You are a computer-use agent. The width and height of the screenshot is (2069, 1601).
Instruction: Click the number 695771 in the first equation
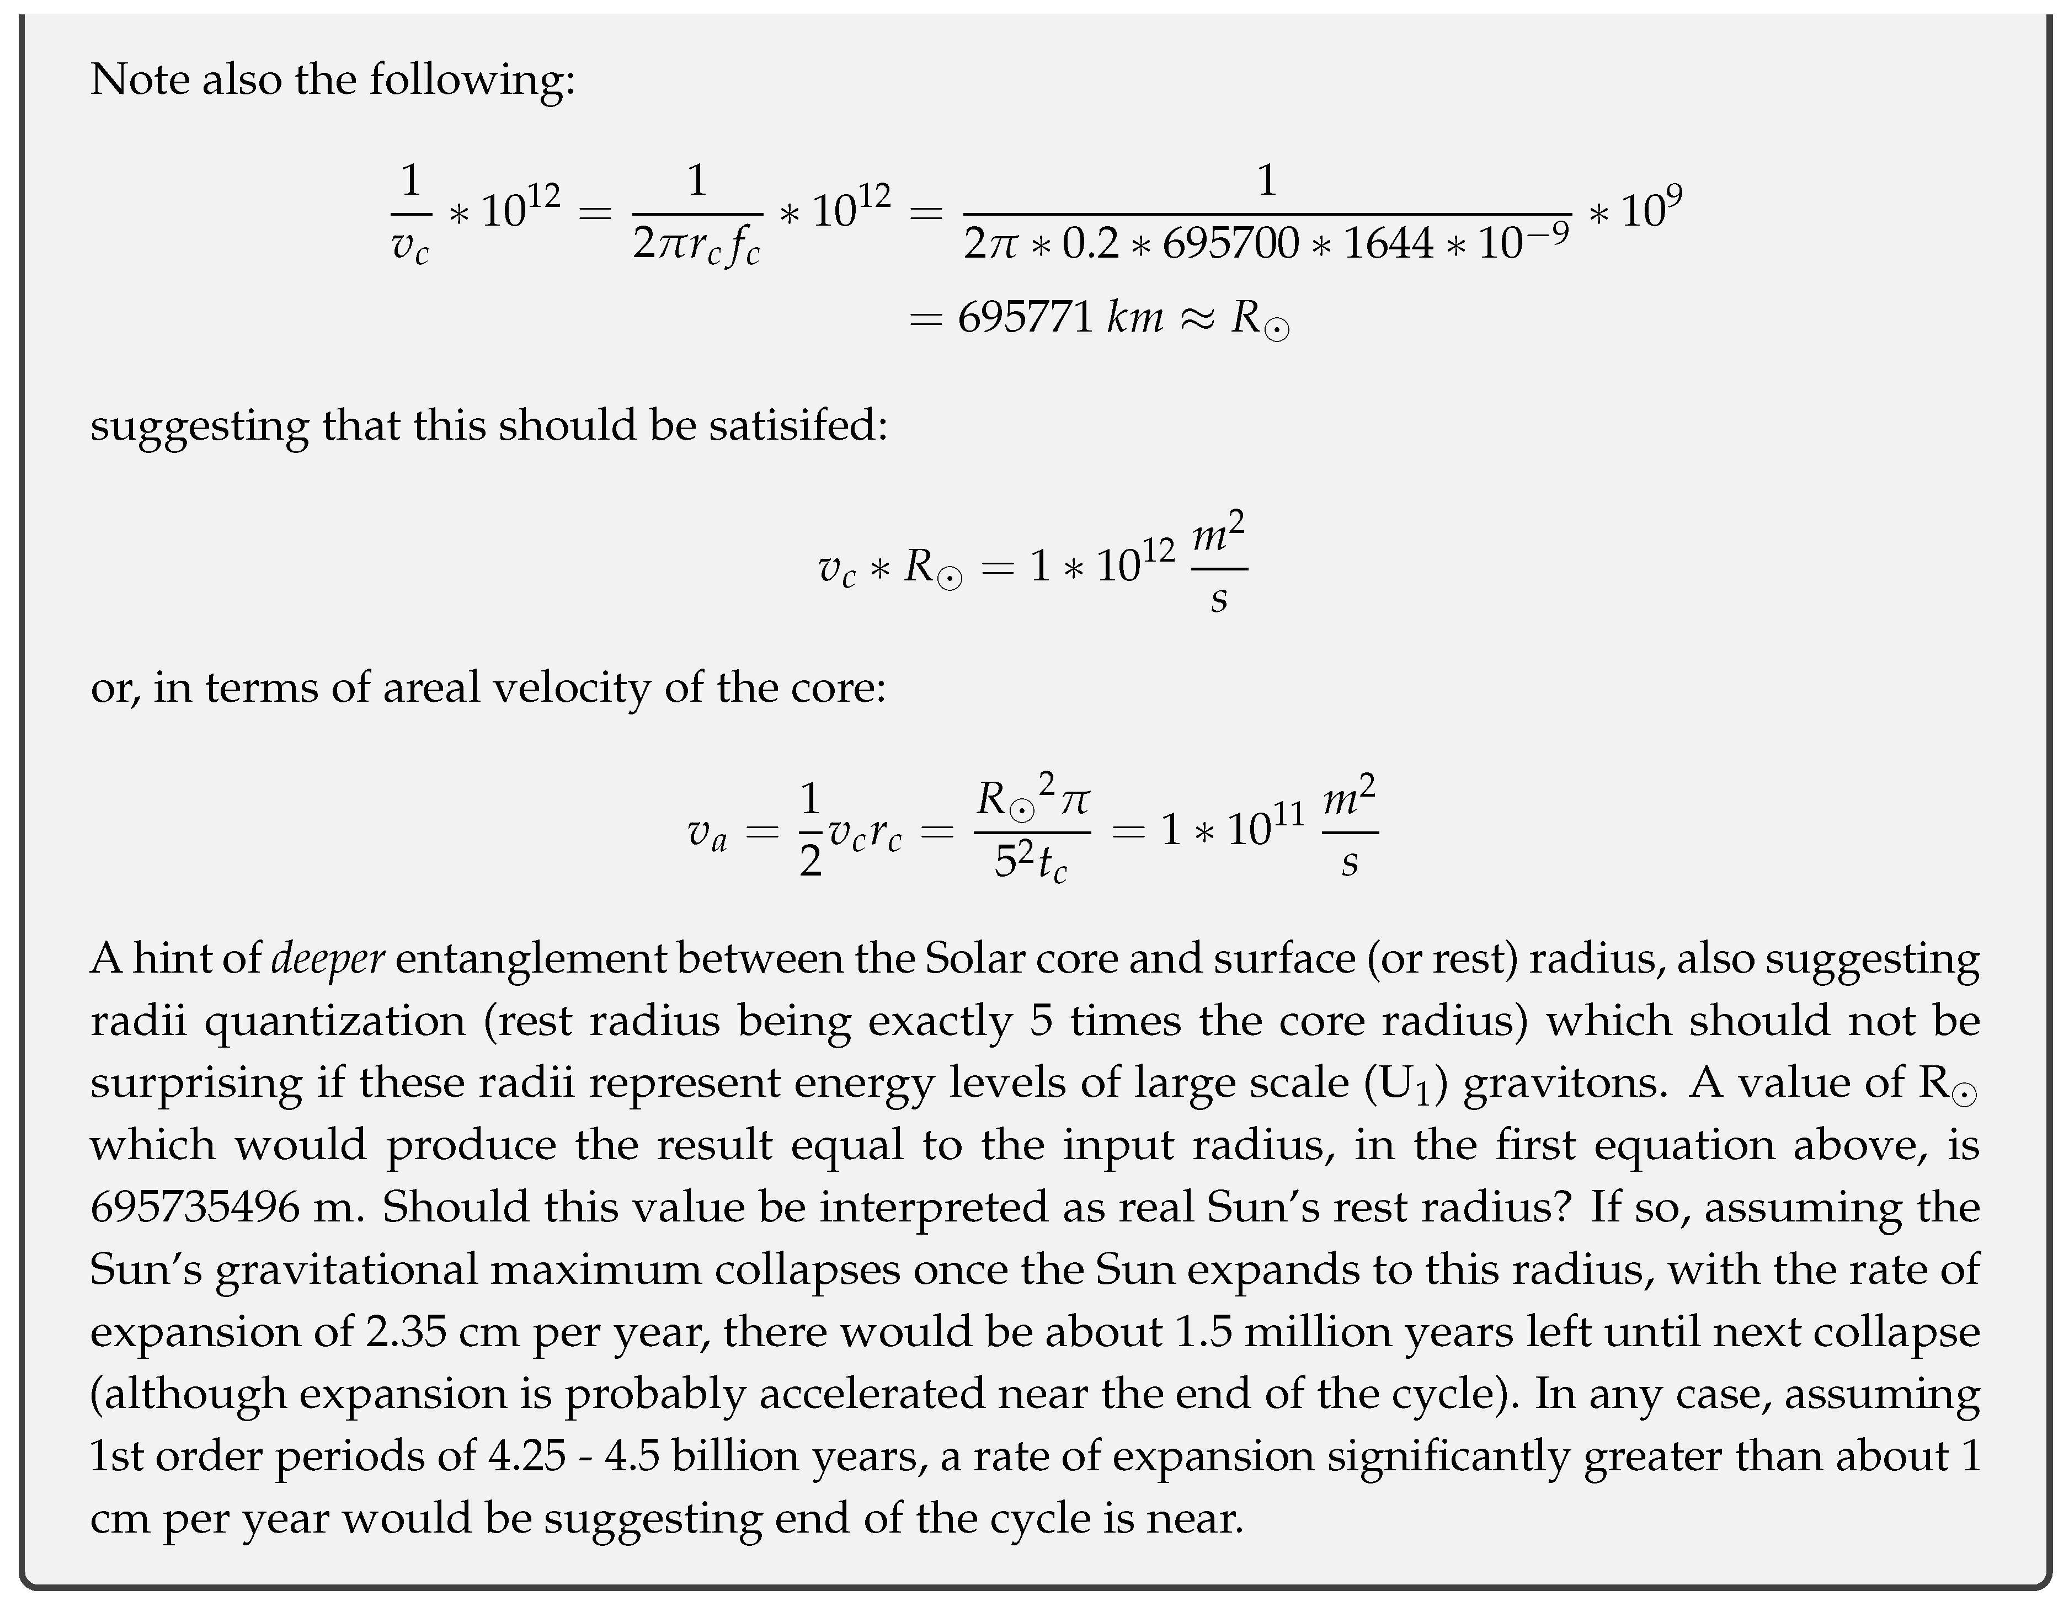click(x=1026, y=317)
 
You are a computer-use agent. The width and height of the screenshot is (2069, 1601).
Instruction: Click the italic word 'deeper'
click(x=328, y=959)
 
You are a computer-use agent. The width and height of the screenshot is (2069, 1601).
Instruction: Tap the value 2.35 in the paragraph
click(x=406, y=1332)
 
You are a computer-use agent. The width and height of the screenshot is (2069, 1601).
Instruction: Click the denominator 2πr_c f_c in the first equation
click(x=696, y=246)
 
